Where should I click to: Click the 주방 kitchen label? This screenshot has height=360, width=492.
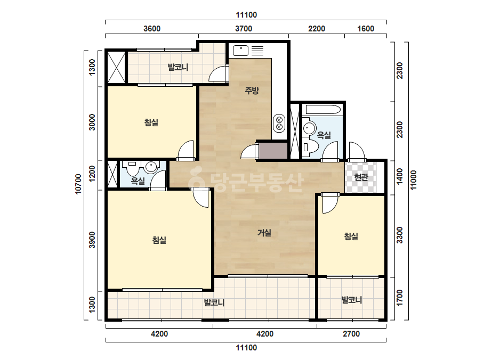(x=252, y=91)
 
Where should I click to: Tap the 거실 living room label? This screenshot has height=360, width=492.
(x=264, y=233)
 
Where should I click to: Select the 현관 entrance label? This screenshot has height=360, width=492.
(x=361, y=177)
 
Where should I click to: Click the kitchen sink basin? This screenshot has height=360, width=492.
(x=240, y=51)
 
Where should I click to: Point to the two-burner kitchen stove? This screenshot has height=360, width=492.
(x=279, y=123)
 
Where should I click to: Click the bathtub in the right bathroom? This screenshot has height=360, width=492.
(x=323, y=110)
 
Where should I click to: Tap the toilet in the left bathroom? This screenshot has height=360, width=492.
(x=133, y=168)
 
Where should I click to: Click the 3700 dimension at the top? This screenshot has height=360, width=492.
(x=244, y=29)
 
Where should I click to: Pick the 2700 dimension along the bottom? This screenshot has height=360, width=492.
(x=351, y=334)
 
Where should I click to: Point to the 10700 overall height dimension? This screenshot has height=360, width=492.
(x=78, y=184)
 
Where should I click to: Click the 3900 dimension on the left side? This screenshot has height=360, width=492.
(x=92, y=240)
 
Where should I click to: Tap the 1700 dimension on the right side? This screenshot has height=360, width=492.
(x=399, y=298)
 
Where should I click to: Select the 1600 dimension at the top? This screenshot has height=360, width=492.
(x=366, y=29)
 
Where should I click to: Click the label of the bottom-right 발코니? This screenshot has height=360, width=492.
(x=352, y=300)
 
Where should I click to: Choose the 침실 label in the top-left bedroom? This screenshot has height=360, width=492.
(x=151, y=122)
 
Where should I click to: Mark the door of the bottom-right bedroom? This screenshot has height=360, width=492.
(x=330, y=203)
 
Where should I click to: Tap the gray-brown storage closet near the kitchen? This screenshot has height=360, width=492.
(x=273, y=151)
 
